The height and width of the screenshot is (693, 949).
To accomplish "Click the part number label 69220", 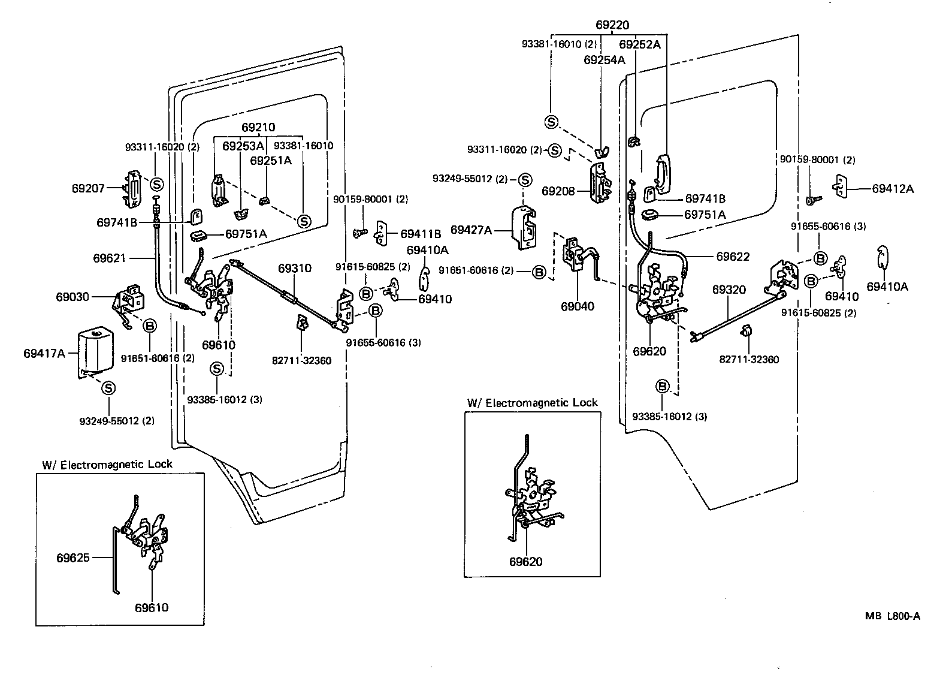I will (612, 25).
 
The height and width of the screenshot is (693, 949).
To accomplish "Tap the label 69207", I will (88, 188).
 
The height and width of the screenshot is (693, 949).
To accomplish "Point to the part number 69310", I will (295, 268).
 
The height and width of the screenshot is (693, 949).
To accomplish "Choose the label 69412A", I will (893, 189).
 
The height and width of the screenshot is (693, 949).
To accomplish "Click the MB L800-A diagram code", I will (892, 616).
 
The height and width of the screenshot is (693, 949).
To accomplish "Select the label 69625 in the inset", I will (73, 558).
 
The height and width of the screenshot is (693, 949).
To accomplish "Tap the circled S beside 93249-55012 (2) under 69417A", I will (108, 388).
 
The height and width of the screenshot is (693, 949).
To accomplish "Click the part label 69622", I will (733, 257).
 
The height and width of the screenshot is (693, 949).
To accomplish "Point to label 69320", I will (729, 290).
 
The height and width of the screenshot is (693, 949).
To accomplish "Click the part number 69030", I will (72, 297).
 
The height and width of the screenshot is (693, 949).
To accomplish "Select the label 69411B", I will (421, 233).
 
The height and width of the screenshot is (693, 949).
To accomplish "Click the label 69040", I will (578, 306).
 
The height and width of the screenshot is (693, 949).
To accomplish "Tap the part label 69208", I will (558, 191).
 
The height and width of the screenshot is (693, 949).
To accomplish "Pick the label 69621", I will (109, 258).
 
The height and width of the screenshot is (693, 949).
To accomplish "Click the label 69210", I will (258, 128).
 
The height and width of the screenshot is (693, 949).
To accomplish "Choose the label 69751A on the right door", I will (705, 215).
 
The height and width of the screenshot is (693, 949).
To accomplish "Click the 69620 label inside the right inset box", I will (526, 562).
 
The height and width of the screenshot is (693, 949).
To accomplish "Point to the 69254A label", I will (605, 59).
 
